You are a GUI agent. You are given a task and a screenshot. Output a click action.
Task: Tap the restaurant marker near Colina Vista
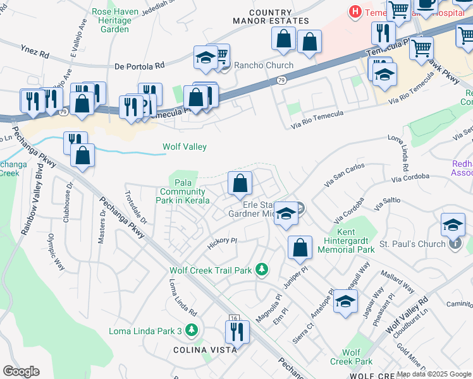[x=238, y=332]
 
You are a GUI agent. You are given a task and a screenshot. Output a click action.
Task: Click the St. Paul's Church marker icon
[x=454, y=243]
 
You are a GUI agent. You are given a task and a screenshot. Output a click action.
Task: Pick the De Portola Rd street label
[x=140, y=65]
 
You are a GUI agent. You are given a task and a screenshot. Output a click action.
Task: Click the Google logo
[x=21, y=371]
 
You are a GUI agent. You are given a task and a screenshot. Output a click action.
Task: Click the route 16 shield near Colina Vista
[x=234, y=318]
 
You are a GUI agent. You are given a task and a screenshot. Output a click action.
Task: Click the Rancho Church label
[x=264, y=66]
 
